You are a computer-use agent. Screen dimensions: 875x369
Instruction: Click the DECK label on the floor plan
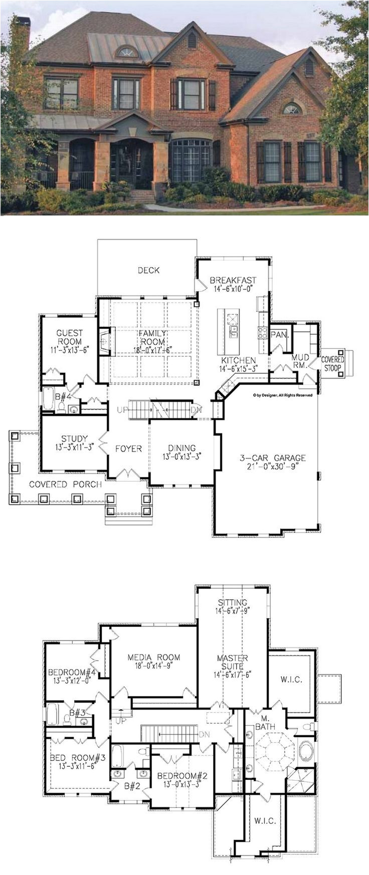tap(148, 271)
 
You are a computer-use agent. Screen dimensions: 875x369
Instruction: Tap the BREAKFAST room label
tap(233, 280)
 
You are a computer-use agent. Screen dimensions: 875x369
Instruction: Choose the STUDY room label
tap(75, 439)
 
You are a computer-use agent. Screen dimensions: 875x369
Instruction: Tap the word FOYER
tap(128, 449)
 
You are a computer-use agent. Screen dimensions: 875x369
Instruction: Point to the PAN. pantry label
tap(279, 335)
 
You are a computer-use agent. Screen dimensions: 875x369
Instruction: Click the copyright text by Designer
tap(282, 395)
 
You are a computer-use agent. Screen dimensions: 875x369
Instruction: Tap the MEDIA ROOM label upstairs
tap(153, 658)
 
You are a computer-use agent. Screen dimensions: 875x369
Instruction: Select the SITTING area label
tap(232, 602)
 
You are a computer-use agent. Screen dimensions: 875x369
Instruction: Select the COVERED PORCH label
tap(65, 485)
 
